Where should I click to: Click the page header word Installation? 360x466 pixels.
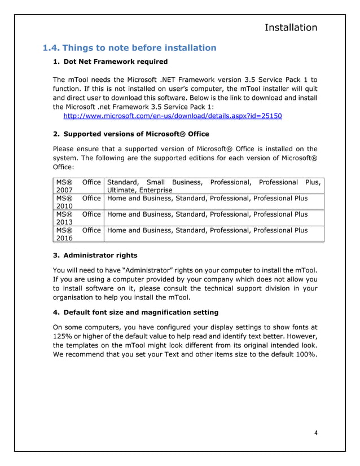coord(291,27)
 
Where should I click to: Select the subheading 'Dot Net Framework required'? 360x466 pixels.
coord(116,61)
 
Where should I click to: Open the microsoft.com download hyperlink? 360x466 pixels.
coord(173,116)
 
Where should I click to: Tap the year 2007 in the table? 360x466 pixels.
coord(64,191)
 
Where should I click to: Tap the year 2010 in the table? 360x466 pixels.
coord(64,206)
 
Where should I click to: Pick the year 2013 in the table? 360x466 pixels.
coord(64,222)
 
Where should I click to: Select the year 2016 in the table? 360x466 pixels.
coord(64,238)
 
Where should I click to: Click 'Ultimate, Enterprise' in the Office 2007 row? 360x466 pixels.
coord(139,191)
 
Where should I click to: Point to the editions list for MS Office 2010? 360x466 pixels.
coord(207,199)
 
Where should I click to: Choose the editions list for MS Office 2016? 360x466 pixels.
coord(207,230)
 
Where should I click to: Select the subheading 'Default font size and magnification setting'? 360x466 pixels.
coord(141,312)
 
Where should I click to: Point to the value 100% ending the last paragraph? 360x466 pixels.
coord(304,354)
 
